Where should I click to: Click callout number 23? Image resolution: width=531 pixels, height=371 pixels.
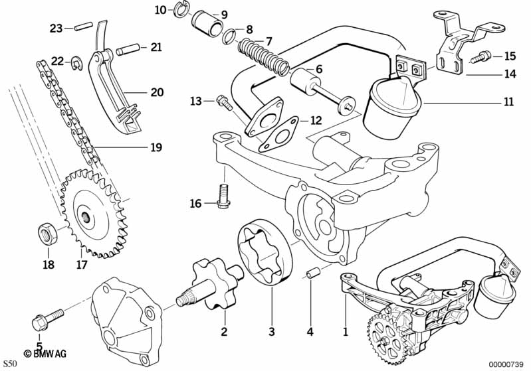56,28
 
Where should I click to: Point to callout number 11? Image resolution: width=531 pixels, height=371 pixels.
508,102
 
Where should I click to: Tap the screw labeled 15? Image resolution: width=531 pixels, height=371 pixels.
480,58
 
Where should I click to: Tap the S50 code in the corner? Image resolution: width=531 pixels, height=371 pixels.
11,363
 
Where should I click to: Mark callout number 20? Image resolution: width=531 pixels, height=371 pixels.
156,92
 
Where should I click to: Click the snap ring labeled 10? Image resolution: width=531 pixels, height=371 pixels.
180,10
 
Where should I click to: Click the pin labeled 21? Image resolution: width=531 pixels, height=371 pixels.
128,49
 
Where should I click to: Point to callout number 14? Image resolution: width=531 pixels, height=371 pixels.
509,74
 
